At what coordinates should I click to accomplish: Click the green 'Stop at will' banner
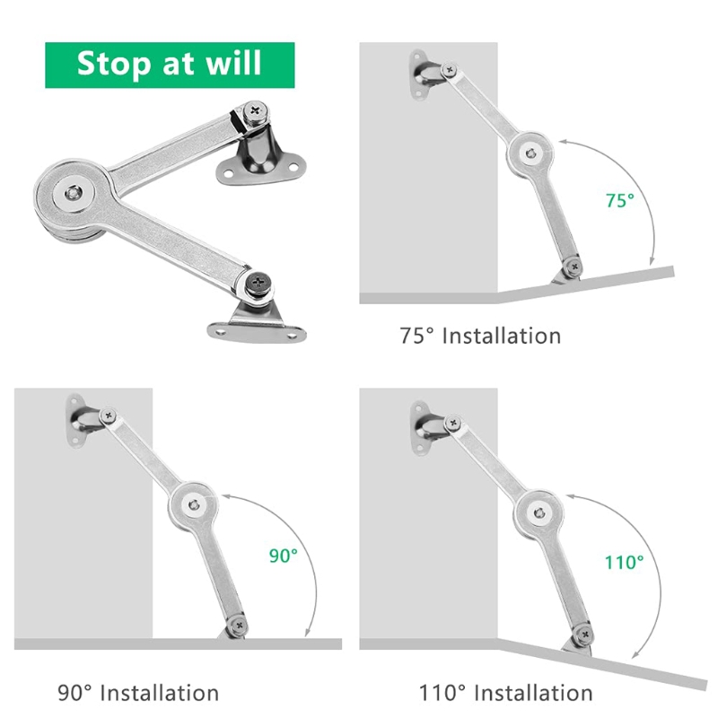[x=170, y=65]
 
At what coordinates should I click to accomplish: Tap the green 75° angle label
[x=618, y=201]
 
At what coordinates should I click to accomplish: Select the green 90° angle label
[x=282, y=556]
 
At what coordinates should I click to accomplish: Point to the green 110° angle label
[x=623, y=563]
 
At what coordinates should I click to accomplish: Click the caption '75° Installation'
[x=480, y=337]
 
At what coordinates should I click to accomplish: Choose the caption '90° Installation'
[x=138, y=693]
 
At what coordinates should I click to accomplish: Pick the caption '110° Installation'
[x=505, y=693]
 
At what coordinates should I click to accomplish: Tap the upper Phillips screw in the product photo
[x=258, y=114]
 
